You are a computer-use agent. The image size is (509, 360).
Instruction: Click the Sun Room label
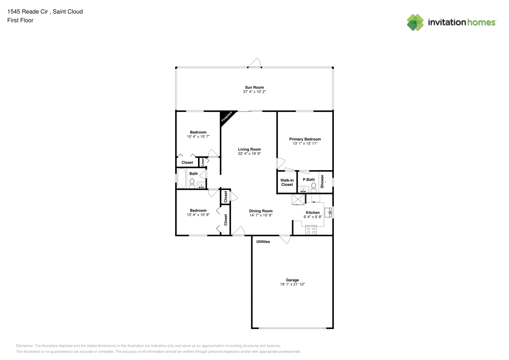(254, 87)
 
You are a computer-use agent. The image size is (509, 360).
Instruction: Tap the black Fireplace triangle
(225, 116)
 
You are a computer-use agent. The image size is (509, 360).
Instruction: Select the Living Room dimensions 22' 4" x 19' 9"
(249, 154)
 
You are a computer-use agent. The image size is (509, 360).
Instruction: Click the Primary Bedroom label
(305, 139)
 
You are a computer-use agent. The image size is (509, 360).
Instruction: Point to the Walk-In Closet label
(287, 182)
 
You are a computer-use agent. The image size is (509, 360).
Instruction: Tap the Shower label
(322, 181)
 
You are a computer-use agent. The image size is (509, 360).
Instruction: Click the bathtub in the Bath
(181, 178)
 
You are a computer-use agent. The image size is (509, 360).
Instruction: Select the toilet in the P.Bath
(314, 187)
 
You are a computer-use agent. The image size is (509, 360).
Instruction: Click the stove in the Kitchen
(311, 230)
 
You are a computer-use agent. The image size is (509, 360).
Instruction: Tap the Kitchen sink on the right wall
(329, 213)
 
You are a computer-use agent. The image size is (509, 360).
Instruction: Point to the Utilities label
(263, 241)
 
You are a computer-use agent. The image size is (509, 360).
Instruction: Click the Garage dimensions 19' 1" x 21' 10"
(293, 284)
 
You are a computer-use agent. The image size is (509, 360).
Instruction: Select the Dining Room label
(261, 211)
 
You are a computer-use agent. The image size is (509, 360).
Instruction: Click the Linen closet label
(203, 162)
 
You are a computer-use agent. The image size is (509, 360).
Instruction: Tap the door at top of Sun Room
(255, 63)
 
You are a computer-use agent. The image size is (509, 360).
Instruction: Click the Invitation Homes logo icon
(415, 22)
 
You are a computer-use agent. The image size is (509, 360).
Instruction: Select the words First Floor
(20, 20)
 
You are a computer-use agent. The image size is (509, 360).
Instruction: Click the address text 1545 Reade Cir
(27, 12)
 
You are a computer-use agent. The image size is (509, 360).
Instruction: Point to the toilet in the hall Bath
(192, 183)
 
